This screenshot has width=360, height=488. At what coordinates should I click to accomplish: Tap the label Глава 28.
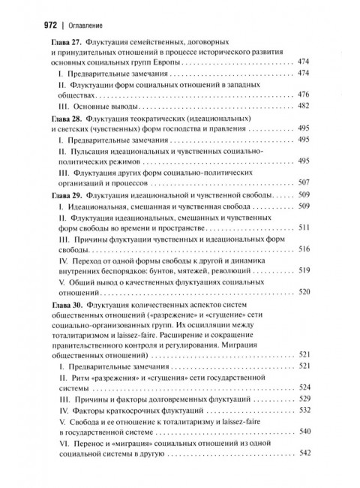[x=67, y=119]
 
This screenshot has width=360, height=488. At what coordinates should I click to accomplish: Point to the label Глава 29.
[x=67, y=195]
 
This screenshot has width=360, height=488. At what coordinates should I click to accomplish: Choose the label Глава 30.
[x=67, y=308]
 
